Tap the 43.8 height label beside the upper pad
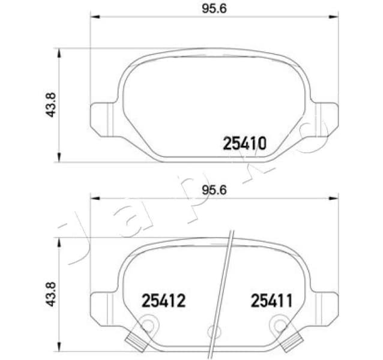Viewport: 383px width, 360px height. point(51,105)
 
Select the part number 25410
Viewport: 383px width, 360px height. point(244,144)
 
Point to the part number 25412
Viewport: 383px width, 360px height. point(163,300)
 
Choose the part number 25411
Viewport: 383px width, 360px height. point(271,300)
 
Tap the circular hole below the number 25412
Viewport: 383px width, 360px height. point(146,326)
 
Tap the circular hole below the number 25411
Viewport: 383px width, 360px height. point(279,326)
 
